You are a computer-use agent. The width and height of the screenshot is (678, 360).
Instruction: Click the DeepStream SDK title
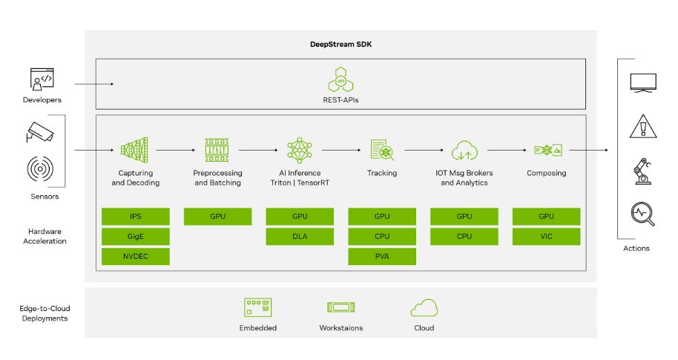click(340, 45)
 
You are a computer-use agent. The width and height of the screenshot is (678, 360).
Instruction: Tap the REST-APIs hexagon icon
click(340, 77)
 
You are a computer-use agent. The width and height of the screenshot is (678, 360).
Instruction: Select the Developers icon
click(42, 79)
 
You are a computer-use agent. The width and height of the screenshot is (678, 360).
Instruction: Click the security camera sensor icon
click(41, 132)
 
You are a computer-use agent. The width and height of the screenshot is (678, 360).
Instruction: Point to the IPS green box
click(135, 217)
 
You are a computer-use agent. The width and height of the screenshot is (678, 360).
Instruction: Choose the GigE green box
click(135, 237)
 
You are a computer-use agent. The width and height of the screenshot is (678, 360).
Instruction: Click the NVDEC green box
click(135, 257)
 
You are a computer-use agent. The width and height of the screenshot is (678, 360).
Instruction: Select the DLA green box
click(300, 237)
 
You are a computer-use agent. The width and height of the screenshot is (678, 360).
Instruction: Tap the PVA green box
click(382, 257)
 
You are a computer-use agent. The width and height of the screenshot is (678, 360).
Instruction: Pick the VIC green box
click(546, 237)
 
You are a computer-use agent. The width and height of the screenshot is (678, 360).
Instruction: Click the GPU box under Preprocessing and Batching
click(217, 217)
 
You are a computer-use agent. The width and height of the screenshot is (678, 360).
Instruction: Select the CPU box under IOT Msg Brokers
click(464, 237)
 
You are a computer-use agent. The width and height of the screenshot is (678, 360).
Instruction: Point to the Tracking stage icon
click(382, 150)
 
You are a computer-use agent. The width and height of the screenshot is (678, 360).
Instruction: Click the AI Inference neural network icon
click(300, 150)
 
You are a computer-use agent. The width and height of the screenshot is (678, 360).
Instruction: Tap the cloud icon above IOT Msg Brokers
click(464, 150)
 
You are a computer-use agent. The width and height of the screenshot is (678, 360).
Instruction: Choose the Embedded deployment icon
click(258, 307)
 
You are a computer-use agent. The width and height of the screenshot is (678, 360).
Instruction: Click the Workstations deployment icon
click(341, 307)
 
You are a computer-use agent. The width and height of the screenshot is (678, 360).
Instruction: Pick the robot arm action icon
click(641, 171)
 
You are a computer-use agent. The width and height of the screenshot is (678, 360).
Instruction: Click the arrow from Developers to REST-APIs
click(94, 85)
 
